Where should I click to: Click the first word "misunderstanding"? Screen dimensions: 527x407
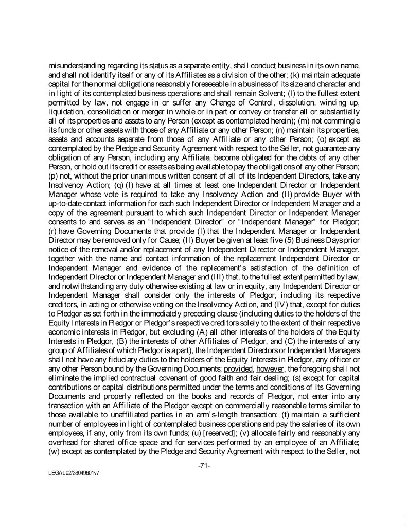point(80,66)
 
